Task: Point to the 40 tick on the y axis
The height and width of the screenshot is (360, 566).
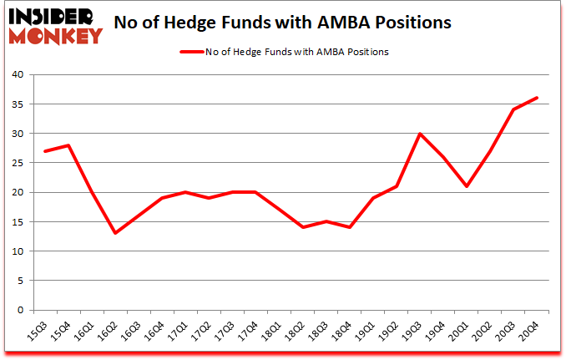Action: [17, 74]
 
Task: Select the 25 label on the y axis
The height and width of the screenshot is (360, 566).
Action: [17, 163]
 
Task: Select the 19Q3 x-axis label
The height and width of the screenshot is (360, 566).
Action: [413, 327]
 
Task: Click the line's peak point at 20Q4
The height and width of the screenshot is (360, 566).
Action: [537, 98]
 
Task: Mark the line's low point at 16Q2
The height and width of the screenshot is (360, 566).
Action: [114, 233]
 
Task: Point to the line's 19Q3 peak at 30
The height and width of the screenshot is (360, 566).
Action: [419, 134]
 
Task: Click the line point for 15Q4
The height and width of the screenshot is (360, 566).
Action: [68, 145]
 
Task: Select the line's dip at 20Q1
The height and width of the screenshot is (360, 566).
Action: [466, 186]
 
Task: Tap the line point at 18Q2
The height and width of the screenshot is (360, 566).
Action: [302, 227]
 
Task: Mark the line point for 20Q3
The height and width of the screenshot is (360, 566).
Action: [513, 109]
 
